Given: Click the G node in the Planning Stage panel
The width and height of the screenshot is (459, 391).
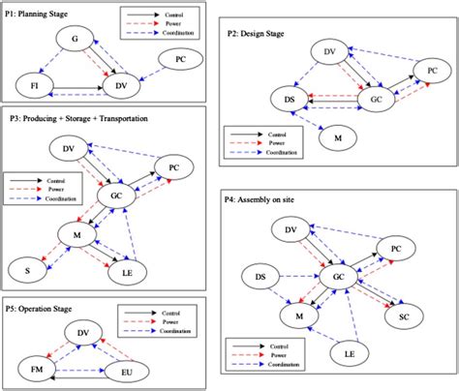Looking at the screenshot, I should (74, 38).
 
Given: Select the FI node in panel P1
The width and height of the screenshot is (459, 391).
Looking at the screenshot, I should (35, 86).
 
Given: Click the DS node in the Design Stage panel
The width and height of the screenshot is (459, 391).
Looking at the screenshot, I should (289, 100).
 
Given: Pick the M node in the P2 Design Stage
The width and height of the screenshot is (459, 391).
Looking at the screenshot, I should (338, 140).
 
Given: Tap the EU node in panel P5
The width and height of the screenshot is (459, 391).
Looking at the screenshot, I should (130, 372).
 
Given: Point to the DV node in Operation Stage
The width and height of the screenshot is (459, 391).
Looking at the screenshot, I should (84, 332).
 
